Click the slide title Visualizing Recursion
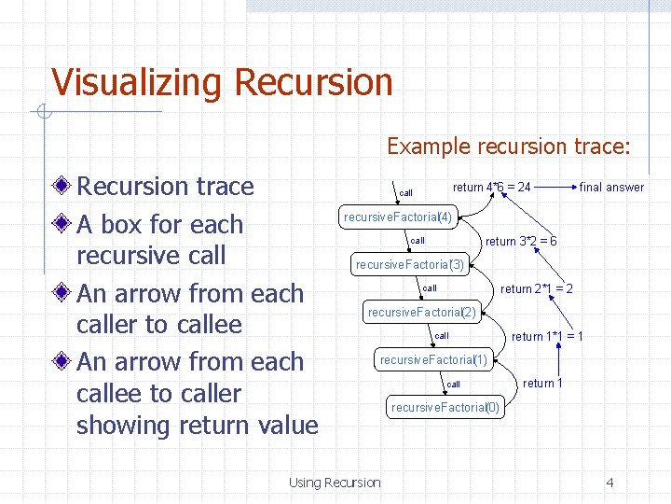222,82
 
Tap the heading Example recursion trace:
509,147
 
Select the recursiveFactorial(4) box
398,217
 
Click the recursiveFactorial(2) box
422,312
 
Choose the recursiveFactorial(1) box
434,359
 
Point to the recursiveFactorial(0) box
445,408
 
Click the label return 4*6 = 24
491,187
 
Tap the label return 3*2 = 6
521,241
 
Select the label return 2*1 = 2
536,288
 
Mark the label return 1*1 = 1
547,336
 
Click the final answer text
611,187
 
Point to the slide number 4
609,483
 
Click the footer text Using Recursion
335,483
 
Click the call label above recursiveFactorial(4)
405,193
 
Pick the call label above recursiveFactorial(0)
453,385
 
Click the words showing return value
197,426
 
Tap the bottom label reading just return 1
542,384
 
